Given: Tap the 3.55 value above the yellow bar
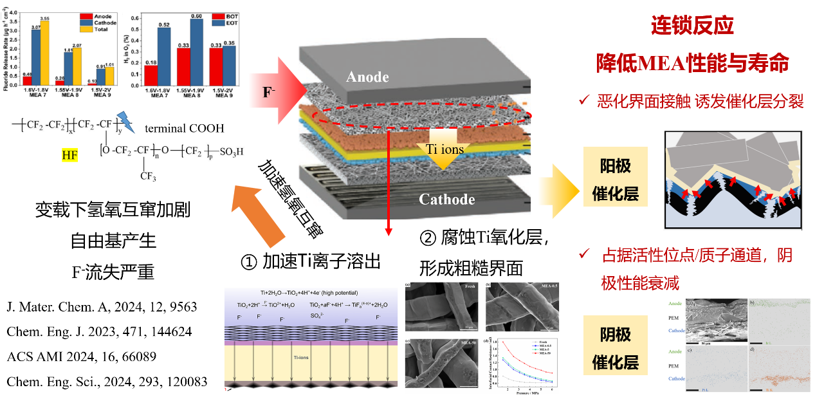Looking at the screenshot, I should pyautogui.click(x=44, y=19).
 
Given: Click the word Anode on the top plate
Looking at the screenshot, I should pyautogui.click(x=367, y=77).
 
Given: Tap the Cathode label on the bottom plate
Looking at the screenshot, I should pyautogui.click(x=446, y=199).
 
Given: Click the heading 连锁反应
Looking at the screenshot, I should pyautogui.click(x=692, y=26).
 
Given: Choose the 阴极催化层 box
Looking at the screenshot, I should pyautogui.click(x=616, y=348).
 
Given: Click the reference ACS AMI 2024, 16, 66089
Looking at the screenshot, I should pyautogui.click(x=82, y=356).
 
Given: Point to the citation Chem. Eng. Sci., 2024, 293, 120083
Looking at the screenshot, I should pyautogui.click(x=107, y=381).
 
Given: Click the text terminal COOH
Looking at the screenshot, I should pyautogui.click(x=185, y=128).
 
